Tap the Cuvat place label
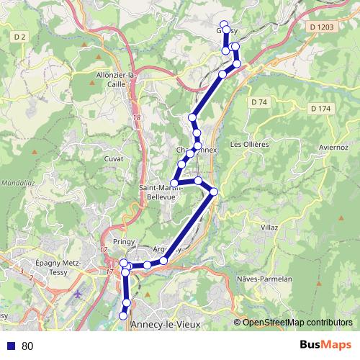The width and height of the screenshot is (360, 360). [x=114, y=158]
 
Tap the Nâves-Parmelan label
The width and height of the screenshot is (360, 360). [x=264, y=279]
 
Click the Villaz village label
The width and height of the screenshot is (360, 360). [x=269, y=227]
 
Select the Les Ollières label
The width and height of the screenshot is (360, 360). [x=249, y=144]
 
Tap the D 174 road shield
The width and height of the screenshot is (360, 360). [x=321, y=108]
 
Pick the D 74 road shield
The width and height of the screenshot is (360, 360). [x=259, y=102]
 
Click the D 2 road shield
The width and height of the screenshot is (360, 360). [x=19, y=35]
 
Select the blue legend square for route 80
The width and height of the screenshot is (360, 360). [x=11, y=346]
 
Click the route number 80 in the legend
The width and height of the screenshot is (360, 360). [x=27, y=346]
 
